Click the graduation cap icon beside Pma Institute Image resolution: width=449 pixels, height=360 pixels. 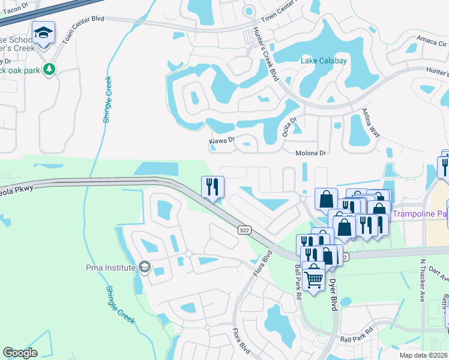pos(144,266)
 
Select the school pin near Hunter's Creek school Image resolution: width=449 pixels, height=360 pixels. pos(43,33)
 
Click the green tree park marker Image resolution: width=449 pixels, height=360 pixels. pos(49,70)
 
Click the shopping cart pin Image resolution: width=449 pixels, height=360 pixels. pos(313,277)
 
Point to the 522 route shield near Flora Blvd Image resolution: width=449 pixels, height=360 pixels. pos(244,229)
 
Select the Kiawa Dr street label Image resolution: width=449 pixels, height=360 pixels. pos(221,141)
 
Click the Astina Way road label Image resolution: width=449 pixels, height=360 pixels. pos(371,122)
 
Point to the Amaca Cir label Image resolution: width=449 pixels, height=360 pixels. pos(432,43)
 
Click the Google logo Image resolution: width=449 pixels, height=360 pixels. pos(20,353)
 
